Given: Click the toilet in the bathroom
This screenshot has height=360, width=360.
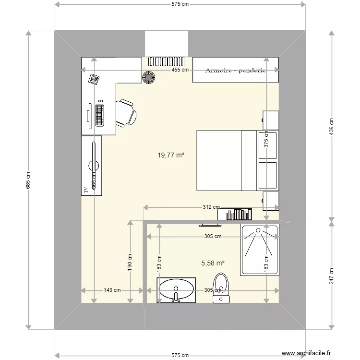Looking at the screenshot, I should coord(221,287).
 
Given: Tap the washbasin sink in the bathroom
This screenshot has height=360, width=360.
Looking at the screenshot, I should coord(176,290).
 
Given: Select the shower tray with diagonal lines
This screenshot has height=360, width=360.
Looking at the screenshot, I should coord(260,250).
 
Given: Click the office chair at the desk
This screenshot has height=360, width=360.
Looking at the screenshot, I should coord(126,112).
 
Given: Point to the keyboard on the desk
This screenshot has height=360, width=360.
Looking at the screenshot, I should coord(100,115).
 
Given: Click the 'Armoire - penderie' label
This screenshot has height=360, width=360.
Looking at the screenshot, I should coord(235,71).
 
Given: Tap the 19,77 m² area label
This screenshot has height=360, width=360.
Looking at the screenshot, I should coord(171,155).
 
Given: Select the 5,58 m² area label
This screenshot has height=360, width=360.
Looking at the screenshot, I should coord(213,263).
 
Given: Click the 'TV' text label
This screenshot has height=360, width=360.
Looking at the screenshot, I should coord(86,190).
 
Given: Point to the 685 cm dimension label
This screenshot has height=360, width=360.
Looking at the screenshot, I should coord(28,180).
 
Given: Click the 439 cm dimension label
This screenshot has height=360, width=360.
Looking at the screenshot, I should coord(331,126).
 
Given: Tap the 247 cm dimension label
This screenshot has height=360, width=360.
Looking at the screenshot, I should coord(331,276).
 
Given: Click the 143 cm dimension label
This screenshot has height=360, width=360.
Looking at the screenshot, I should coord(112,290).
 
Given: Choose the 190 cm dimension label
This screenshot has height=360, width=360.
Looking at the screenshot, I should coord(130,262).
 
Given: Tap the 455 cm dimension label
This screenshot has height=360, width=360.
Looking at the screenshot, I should coord(180,70).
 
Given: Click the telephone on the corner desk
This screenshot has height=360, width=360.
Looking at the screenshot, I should coord(94,78).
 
